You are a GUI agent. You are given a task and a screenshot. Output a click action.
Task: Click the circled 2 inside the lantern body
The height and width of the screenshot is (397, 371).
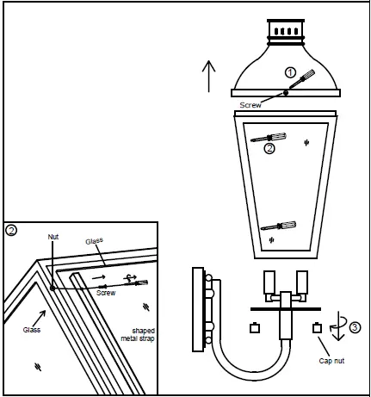(x=269, y=149)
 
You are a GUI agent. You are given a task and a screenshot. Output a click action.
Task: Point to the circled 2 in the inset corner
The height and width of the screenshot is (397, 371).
(x=11, y=230)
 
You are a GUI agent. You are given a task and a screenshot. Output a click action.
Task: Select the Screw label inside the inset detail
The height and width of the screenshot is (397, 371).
(x=106, y=293)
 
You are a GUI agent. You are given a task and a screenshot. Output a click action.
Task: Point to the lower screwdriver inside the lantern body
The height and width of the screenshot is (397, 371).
(x=280, y=226)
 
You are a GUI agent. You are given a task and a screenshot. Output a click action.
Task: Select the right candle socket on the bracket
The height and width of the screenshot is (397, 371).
(x=302, y=283)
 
